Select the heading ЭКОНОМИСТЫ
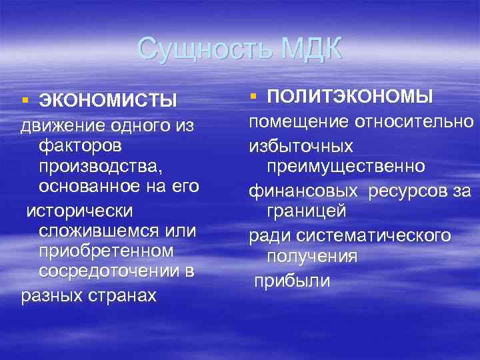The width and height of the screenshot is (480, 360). click(108, 101)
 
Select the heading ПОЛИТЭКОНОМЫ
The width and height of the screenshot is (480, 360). click(350, 97)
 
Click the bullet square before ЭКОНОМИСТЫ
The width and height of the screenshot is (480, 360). click(25, 100)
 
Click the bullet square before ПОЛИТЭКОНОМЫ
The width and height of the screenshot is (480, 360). click(253, 97)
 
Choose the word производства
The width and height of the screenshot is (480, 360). click(100, 165)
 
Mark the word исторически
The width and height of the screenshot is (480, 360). click(79, 210)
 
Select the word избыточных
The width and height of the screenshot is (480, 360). click(301, 145)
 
